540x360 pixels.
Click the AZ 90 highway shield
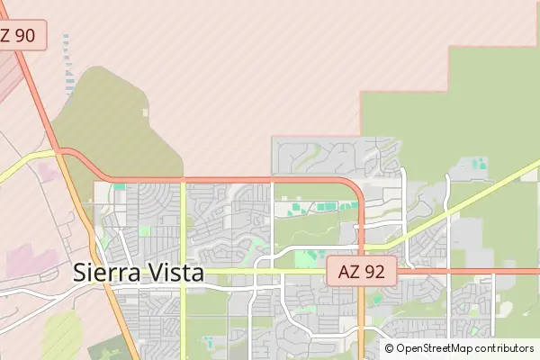click(x=18, y=36)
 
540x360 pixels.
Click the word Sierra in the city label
click(x=106, y=273)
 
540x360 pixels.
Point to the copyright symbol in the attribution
click(x=390, y=348)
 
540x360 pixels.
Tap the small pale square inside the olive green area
click(x=145, y=112)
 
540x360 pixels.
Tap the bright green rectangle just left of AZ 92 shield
click(x=309, y=258)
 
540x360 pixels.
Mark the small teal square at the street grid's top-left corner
click(x=120, y=186)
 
